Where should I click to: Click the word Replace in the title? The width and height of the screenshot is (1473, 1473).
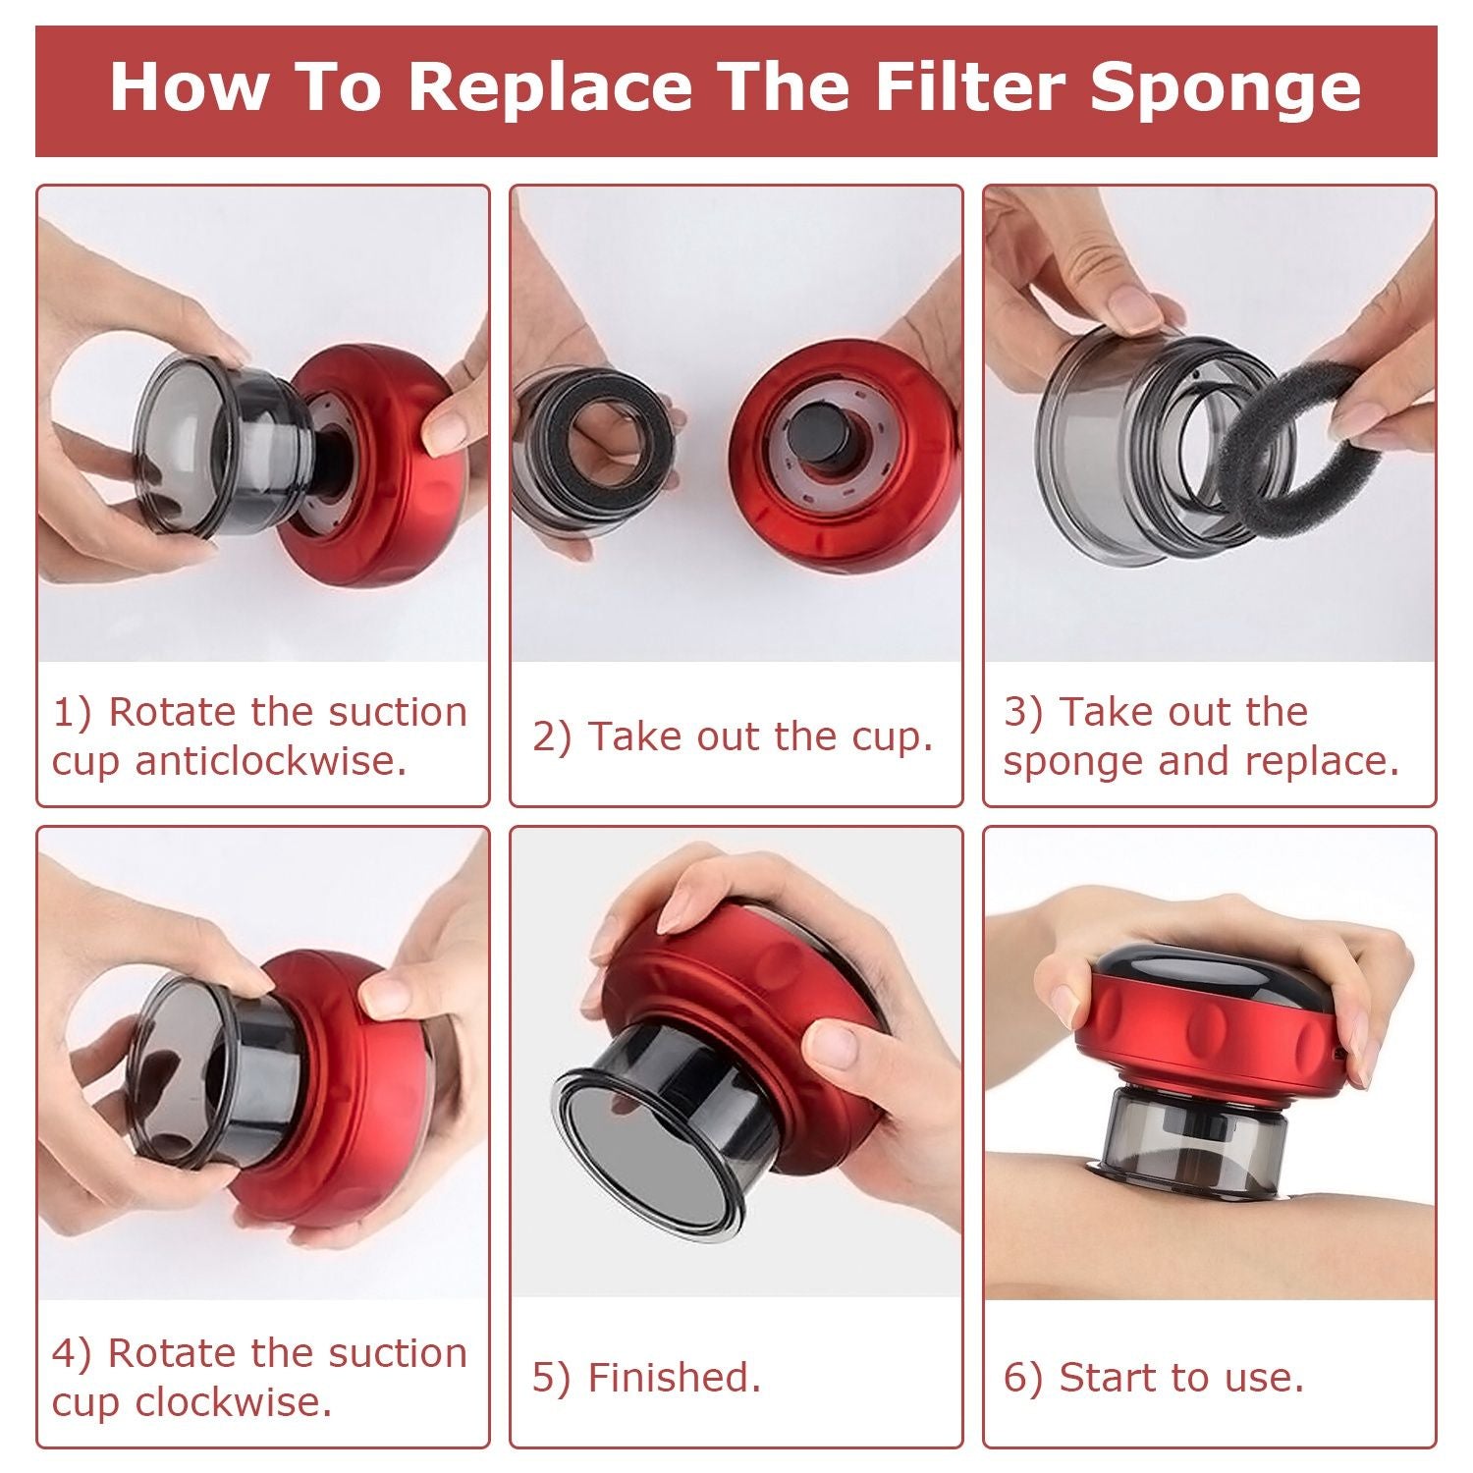pos(550,86)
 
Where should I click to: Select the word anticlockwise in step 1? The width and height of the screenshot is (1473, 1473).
pos(271,761)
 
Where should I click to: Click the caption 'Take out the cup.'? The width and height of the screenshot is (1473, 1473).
pos(760,736)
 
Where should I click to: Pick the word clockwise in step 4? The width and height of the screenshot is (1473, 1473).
pos(234,1401)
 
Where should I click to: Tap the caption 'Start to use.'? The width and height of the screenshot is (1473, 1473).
pos(1181,1377)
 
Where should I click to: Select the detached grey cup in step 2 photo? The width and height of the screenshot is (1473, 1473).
pos(589,452)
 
